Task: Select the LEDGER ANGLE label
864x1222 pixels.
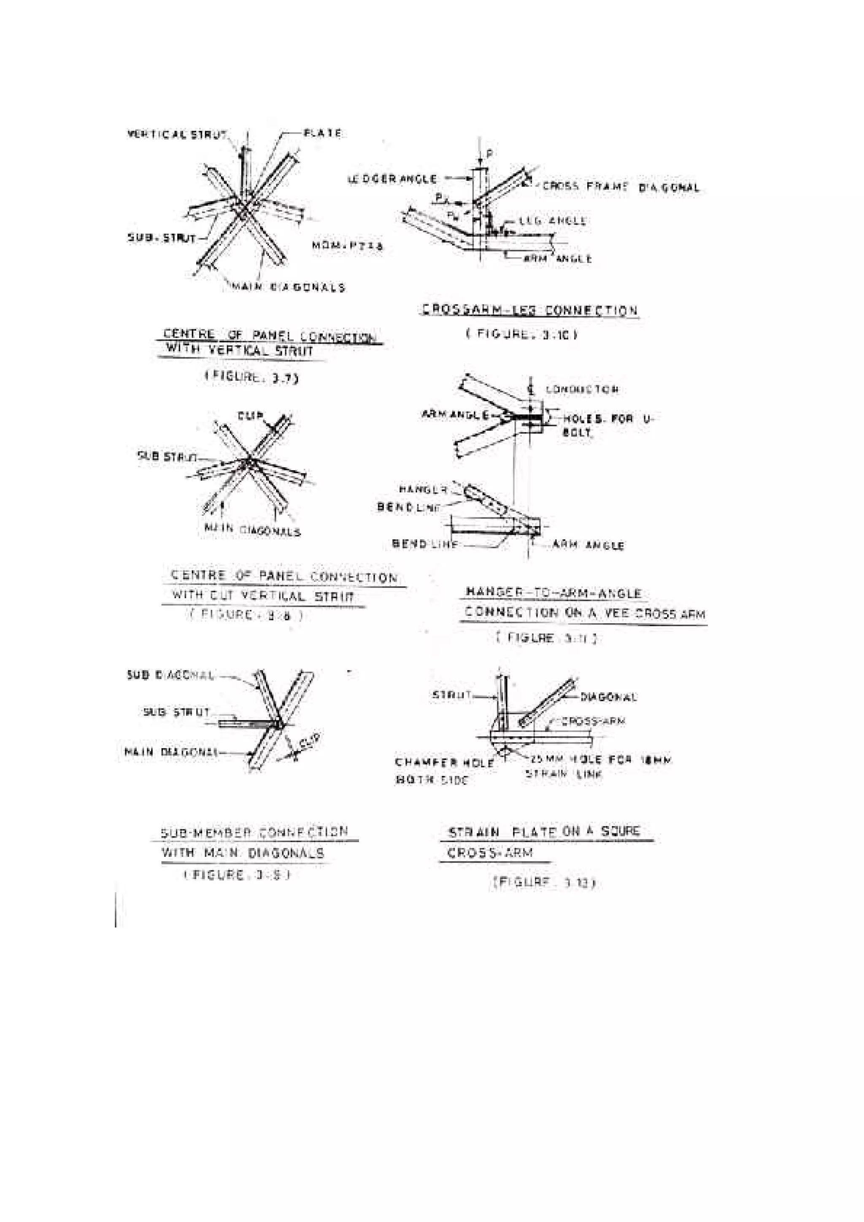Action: click(x=392, y=179)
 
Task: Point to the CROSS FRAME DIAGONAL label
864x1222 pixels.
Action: click(x=621, y=187)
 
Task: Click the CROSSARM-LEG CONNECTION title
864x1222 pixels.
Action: click(x=530, y=310)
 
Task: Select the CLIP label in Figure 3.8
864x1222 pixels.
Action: click(x=250, y=416)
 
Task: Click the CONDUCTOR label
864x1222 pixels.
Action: click(x=582, y=390)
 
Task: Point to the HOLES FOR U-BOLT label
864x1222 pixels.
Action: click(x=607, y=425)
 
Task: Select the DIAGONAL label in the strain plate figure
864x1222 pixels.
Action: click(x=608, y=697)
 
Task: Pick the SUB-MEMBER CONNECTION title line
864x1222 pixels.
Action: click(x=254, y=832)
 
